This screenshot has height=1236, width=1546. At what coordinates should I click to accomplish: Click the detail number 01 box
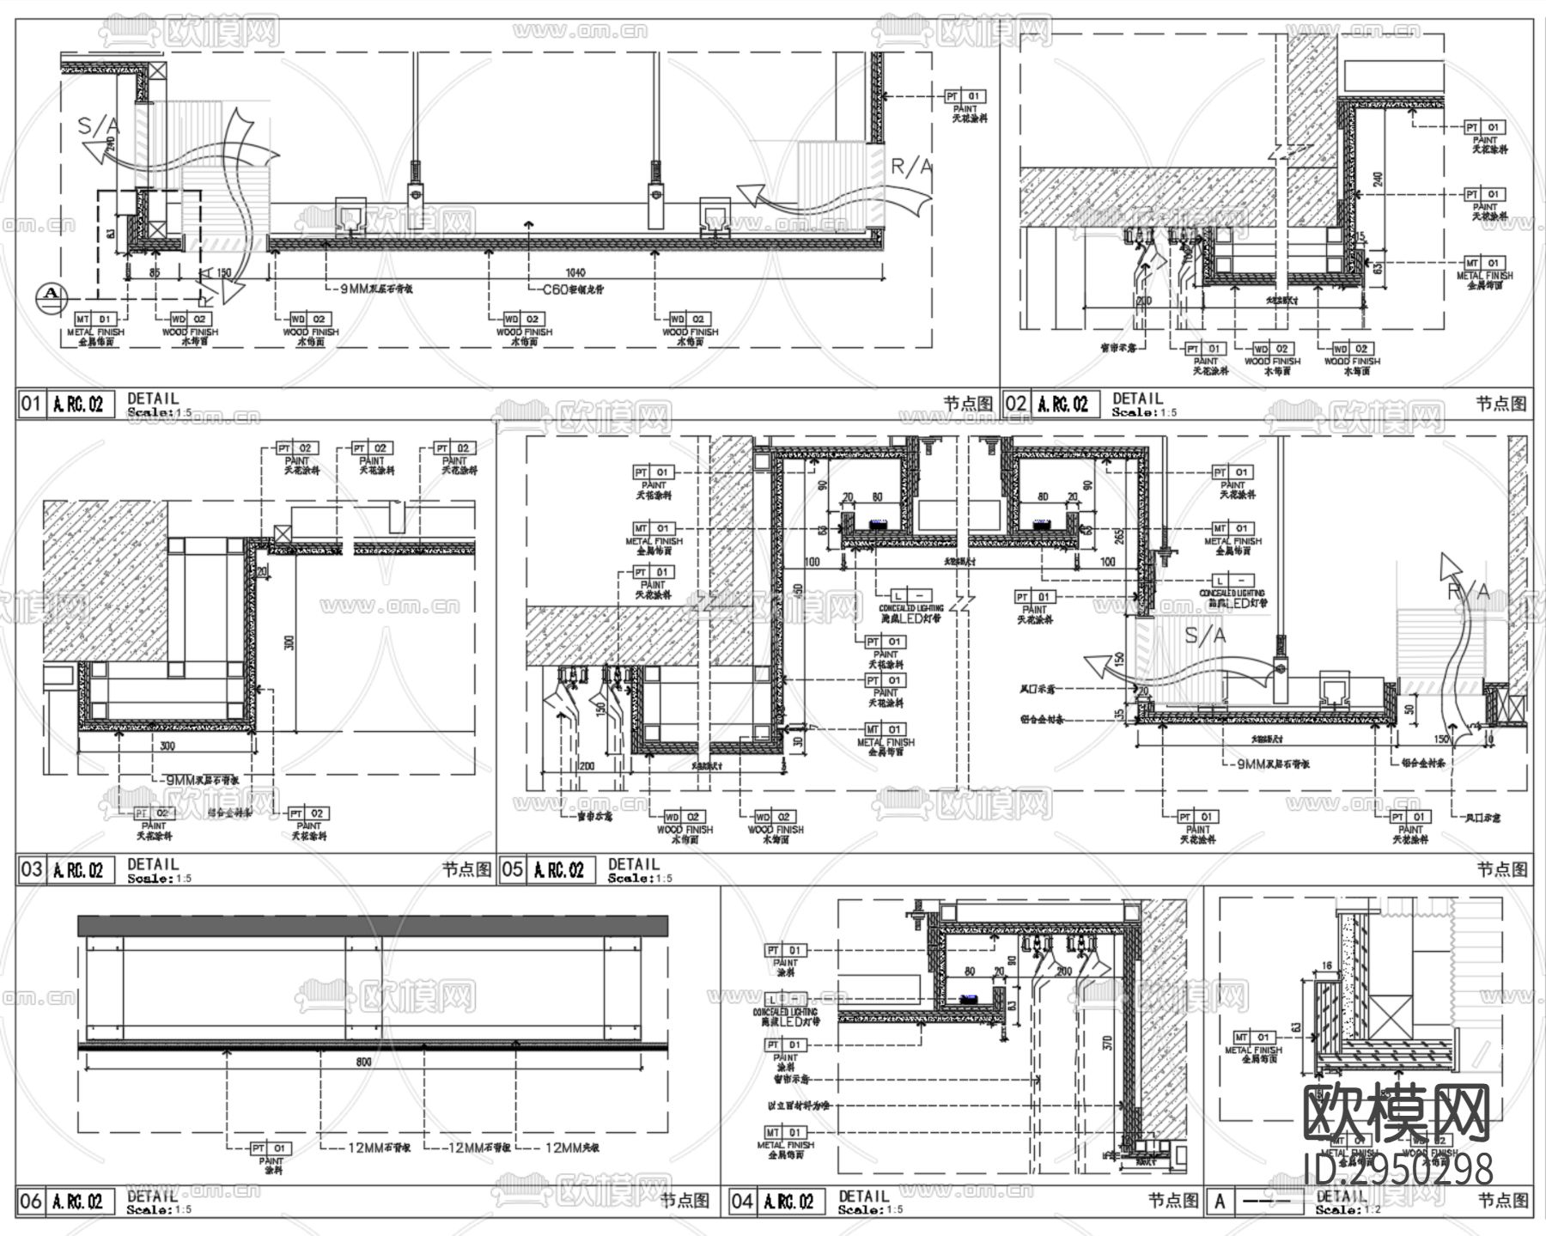(30, 404)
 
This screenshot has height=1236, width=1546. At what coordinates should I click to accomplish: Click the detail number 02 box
(1015, 404)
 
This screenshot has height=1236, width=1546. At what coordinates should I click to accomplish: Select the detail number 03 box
(30, 869)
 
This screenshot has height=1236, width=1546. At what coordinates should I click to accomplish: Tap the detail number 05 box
(512, 869)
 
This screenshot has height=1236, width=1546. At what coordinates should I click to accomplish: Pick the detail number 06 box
(30, 1201)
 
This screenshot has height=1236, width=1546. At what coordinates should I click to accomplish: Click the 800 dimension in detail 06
(363, 1062)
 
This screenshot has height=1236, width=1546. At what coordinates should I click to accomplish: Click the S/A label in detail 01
(99, 126)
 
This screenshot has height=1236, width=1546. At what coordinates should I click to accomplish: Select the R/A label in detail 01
(911, 167)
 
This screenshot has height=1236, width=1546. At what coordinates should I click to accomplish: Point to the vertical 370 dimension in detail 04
(1108, 1044)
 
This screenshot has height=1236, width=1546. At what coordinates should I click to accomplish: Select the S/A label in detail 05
(1206, 636)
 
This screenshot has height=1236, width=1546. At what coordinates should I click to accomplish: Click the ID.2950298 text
(1398, 1169)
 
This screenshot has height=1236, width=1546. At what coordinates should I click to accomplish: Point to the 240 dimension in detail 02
(1379, 180)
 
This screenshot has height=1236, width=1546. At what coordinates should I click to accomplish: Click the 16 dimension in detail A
(1327, 966)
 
